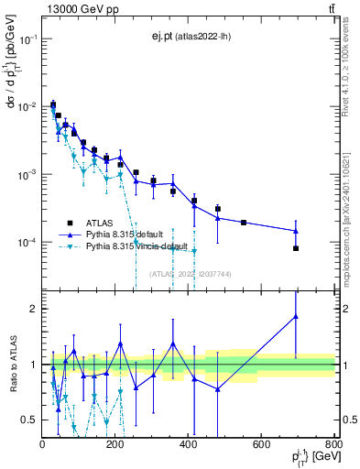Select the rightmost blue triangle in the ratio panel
click(296, 317)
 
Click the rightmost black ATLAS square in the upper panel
click(296, 248)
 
